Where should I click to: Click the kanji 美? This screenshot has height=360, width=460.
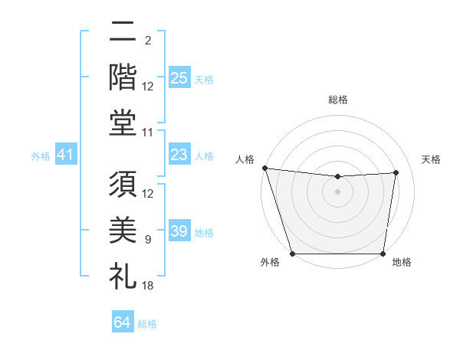[123, 231]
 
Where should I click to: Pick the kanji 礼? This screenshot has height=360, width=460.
[123, 275]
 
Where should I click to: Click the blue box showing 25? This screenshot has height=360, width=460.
[179, 77]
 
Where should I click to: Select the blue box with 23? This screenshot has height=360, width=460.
[179, 155]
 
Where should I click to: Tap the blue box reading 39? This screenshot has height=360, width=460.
[179, 231]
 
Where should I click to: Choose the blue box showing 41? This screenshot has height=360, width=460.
[66, 155]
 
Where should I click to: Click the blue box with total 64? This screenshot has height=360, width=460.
[123, 322]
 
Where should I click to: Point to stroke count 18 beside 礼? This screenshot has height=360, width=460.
[148, 285]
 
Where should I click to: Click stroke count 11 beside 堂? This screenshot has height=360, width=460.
[148, 132]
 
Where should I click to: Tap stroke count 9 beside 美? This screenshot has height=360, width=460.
[148, 240]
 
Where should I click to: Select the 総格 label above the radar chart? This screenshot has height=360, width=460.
[337, 100]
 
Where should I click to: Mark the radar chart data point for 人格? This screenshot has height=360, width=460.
[264, 168]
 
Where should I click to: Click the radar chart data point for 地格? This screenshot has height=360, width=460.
[383, 254]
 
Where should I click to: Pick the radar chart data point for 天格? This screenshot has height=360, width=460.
[396, 172]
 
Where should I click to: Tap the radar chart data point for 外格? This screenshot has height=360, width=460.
[293, 254]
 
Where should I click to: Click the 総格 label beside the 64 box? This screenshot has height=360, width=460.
[147, 324]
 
